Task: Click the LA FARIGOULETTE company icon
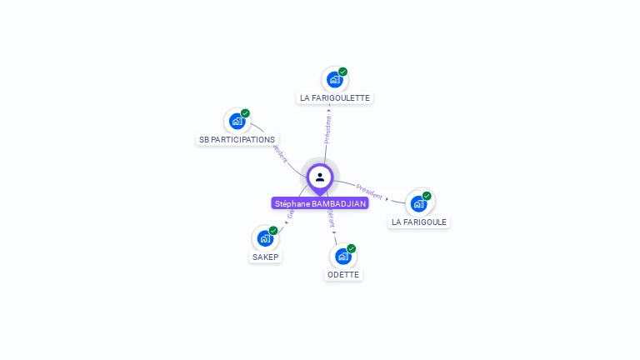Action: (x=334, y=80)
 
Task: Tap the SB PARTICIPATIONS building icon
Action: (x=237, y=122)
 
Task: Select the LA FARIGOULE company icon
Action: (x=418, y=203)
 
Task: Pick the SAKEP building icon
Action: (x=265, y=238)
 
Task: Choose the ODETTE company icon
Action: (x=342, y=257)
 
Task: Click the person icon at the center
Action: (x=320, y=177)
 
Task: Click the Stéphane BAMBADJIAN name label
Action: (x=320, y=203)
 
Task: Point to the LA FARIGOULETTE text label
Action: (x=335, y=97)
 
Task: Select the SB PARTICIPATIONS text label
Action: (x=237, y=139)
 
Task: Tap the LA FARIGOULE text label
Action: (x=419, y=222)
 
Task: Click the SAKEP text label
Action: (x=265, y=257)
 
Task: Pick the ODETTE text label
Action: (x=343, y=274)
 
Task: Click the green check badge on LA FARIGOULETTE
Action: (x=342, y=72)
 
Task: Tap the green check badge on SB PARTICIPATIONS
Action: (x=245, y=113)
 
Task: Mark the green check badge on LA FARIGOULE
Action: (x=427, y=196)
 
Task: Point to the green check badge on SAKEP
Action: (x=273, y=230)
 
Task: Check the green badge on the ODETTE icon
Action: (x=351, y=248)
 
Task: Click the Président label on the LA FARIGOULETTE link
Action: (x=327, y=129)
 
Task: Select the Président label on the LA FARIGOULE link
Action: (x=369, y=191)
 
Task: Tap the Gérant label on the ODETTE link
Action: (x=331, y=218)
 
